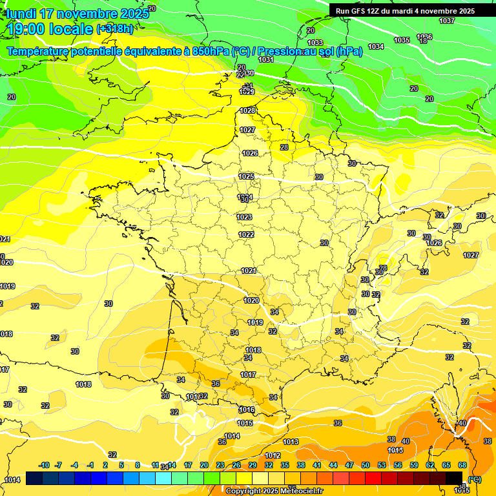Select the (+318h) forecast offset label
point(115,29)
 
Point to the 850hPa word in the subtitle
point(211,51)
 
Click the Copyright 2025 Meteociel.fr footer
point(274,491)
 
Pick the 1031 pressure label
point(265,59)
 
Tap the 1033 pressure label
point(315,43)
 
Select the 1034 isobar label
point(376,46)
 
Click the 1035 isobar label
point(402,40)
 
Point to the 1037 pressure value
point(447,21)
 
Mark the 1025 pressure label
point(246,176)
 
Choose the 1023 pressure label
point(245,217)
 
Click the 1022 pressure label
point(246,234)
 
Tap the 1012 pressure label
point(273,456)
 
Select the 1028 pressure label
point(248,110)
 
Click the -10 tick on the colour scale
point(45,465)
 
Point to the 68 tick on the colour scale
point(462,465)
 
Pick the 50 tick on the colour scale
point(366,465)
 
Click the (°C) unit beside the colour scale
point(475,479)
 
